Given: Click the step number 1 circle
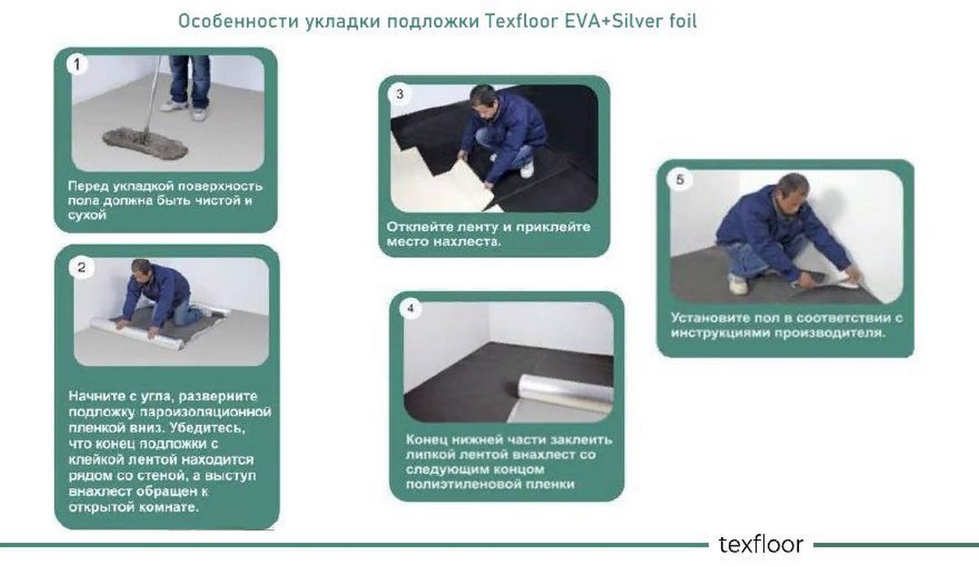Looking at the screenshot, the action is click(77, 65).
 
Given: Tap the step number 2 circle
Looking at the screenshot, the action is click(81, 267).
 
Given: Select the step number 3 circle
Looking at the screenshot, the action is click(400, 94).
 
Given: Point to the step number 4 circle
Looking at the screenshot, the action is click(411, 308).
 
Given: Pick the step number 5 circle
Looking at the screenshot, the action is click(680, 180).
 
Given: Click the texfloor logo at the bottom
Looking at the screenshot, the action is click(761, 544).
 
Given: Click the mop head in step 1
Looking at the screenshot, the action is click(144, 142).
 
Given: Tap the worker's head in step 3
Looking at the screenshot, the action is click(483, 100).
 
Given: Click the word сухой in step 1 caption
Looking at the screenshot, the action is click(87, 215).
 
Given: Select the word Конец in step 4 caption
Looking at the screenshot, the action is click(427, 439).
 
